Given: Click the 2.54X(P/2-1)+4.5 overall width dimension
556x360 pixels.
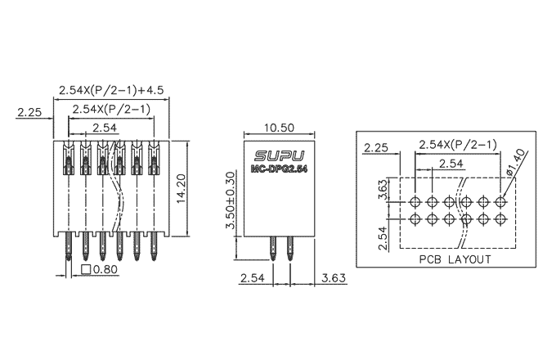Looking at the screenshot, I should pos(112,89).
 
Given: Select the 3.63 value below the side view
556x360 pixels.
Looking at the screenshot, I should pos(335,278).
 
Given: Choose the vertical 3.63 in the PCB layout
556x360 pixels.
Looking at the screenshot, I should pos(382,189).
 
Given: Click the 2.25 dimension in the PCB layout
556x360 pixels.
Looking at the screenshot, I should pos(377,147).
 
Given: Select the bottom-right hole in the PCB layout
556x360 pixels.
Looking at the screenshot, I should pos(501,218).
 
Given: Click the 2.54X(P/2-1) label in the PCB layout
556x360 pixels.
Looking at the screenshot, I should pos(457,145).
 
